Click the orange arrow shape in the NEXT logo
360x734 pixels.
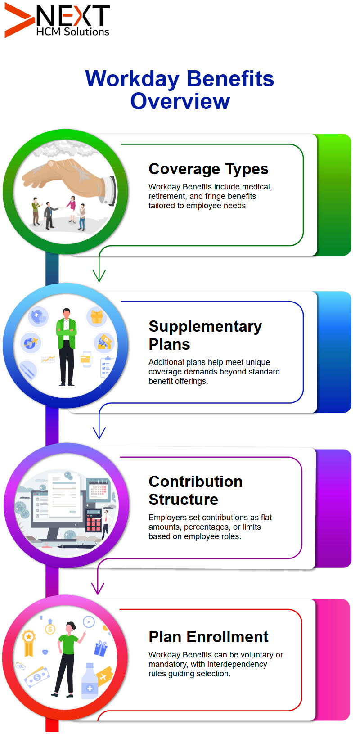pyautogui.click(x=18, y=20)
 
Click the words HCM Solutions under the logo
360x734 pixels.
pyautogui.click(x=72, y=32)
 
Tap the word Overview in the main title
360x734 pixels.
pyautogui.click(x=180, y=101)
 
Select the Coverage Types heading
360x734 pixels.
pyautogui.click(x=208, y=169)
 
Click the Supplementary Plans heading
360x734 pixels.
pyautogui.click(x=205, y=335)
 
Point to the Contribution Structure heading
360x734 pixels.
pyautogui.click(x=196, y=491)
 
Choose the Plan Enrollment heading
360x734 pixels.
pyautogui.click(x=208, y=637)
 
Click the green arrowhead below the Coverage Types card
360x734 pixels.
pyautogui.click(x=99, y=275)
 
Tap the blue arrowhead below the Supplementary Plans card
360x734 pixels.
pyautogui.click(x=99, y=432)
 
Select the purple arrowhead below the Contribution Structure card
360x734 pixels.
pyautogui.click(x=98, y=589)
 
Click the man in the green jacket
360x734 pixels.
pyautogui.click(x=67, y=347)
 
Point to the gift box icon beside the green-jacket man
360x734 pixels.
pyautogui.click(x=97, y=316)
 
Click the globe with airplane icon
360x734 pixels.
pyautogui.click(x=31, y=343)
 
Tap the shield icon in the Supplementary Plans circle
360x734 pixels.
pyautogui.click(x=38, y=317)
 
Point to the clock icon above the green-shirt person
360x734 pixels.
pyautogui.click(x=89, y=621)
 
